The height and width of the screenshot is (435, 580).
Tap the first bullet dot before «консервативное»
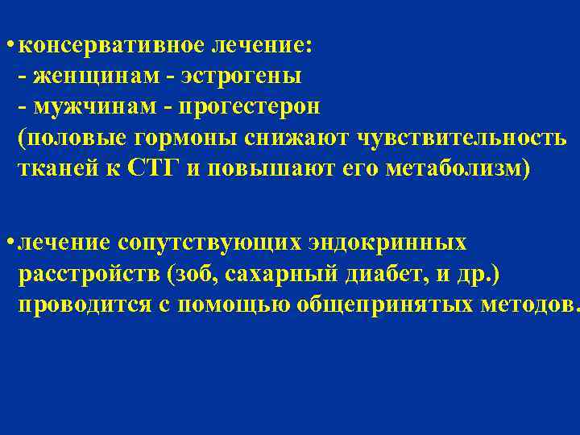[7, 46]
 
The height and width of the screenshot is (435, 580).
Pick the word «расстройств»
[89, 275]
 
